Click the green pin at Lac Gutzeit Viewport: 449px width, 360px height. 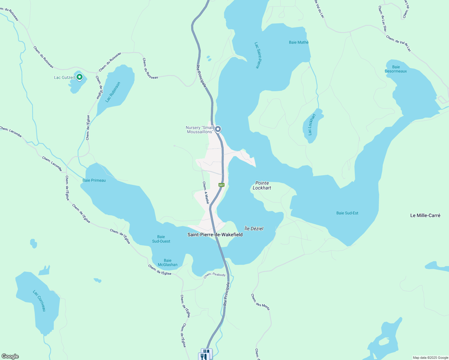point(80,77)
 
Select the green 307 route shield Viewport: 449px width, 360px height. point(221,185)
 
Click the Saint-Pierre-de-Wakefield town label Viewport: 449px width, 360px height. point(215,235)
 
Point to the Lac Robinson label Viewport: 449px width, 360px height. point(113,92)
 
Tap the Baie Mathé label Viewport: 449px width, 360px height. point(299,42)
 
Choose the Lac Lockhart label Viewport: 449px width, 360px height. point(312,124)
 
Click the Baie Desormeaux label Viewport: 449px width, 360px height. point(396,69)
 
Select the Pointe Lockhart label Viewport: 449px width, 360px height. point(262,185)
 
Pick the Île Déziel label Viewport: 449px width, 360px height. point(254,229)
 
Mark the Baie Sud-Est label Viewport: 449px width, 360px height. point(347,213)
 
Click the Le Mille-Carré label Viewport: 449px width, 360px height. point(425,215)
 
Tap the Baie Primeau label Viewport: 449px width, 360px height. point(94,180)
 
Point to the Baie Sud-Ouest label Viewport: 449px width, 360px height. point(161,239)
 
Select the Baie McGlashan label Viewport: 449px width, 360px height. point(167,262)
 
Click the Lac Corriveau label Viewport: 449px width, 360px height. point(39,301)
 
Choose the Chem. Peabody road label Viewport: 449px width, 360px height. point(214,275)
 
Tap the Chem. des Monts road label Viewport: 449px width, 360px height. point(260,302)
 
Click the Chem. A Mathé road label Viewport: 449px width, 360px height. point(206,193)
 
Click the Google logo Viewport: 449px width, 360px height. point(10,356)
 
